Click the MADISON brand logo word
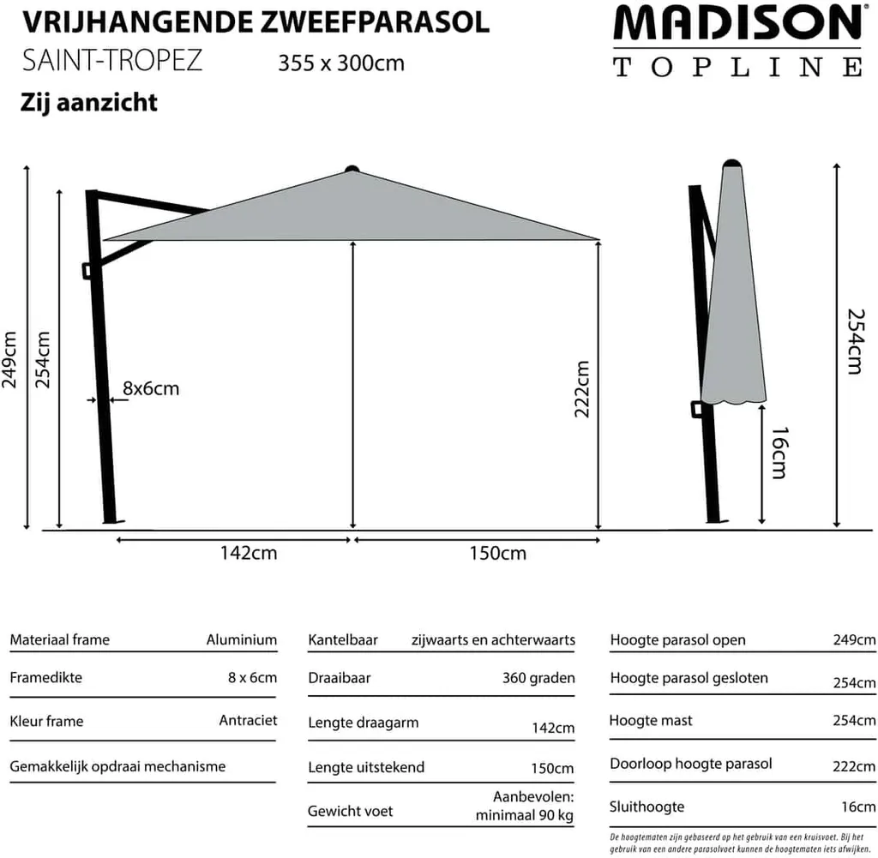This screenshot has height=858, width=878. (x=737, y=25)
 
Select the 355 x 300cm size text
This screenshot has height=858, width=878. (x=341, y=63)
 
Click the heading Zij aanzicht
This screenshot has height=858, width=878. (x=89, y=103)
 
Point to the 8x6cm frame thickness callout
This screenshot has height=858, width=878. (x=151, y=388)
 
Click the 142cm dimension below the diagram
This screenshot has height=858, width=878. (x=249, y=553)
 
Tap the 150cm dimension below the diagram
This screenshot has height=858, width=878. (x=498, y=553)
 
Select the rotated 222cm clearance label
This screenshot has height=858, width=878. (x=582, y=388)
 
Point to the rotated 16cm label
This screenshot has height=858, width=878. (x=778, y=453)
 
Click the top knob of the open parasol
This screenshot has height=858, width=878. (x=351, y=168)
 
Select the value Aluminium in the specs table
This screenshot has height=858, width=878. (x=242, y=639)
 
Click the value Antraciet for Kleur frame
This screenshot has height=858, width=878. (x=248, y=720)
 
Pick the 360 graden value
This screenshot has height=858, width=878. (x=538, y=677)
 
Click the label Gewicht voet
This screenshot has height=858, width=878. (x=350, y=810)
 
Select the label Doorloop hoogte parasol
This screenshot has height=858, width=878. (x=691, y=764)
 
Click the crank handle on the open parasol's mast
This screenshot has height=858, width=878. (x=89, y=270)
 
